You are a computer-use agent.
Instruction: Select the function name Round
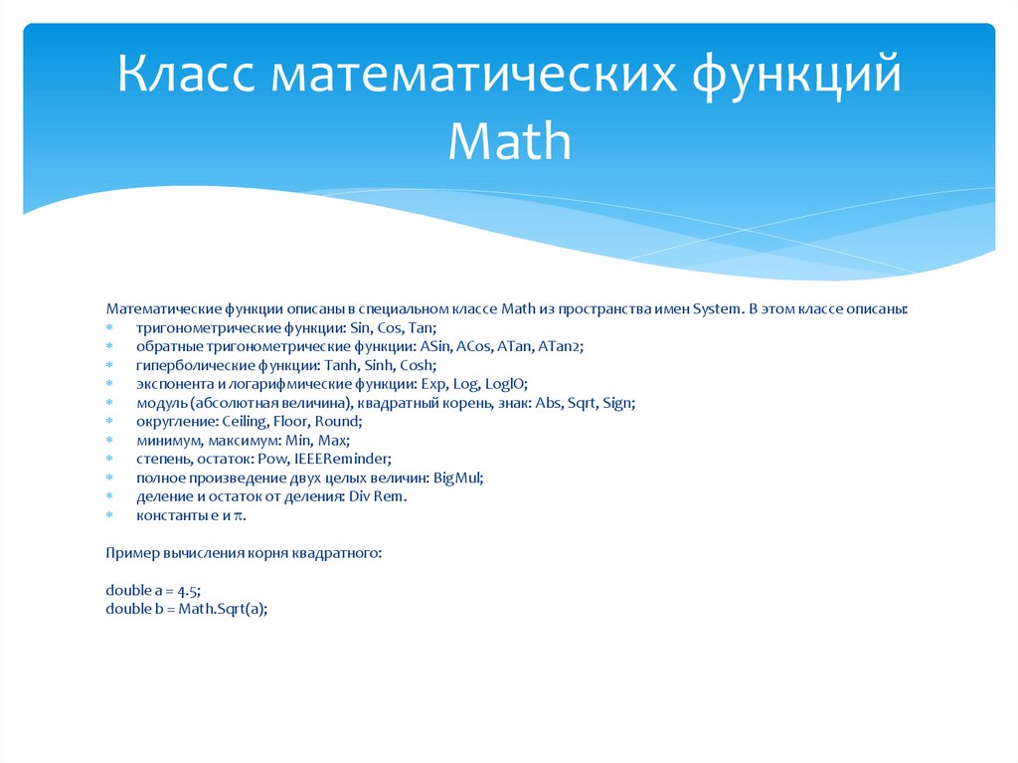click(340, 422)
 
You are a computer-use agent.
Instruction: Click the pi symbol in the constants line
click(238, 516)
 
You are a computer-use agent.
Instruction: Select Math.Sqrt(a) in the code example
click(224, 610)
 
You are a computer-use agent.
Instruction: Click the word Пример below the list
click(130, 552)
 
